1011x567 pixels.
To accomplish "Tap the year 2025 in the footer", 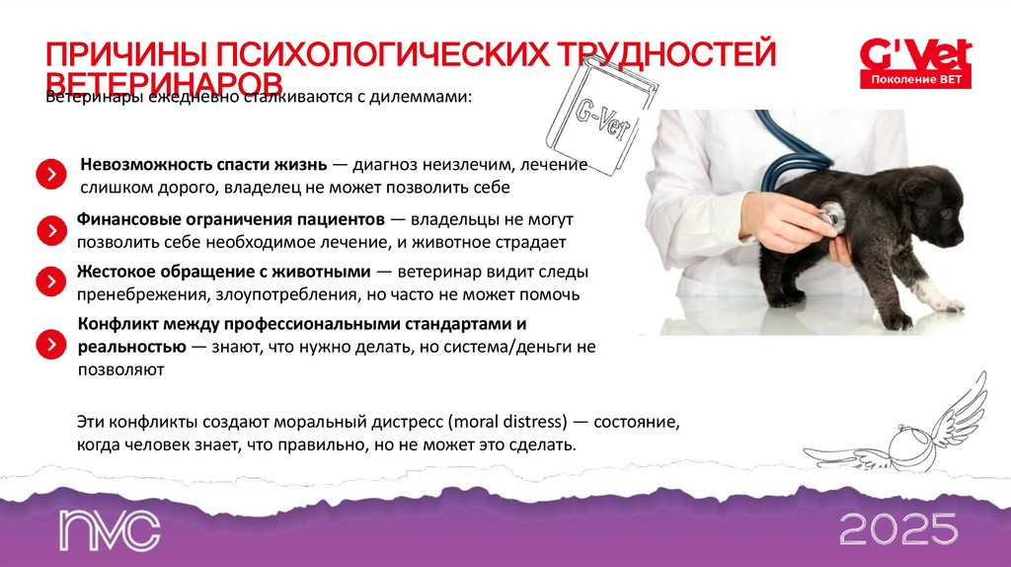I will (x=897, y=529).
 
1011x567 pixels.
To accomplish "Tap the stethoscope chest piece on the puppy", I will (x=831, y=215).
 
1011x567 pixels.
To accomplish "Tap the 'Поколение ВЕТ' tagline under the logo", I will (x=915, y=79).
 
